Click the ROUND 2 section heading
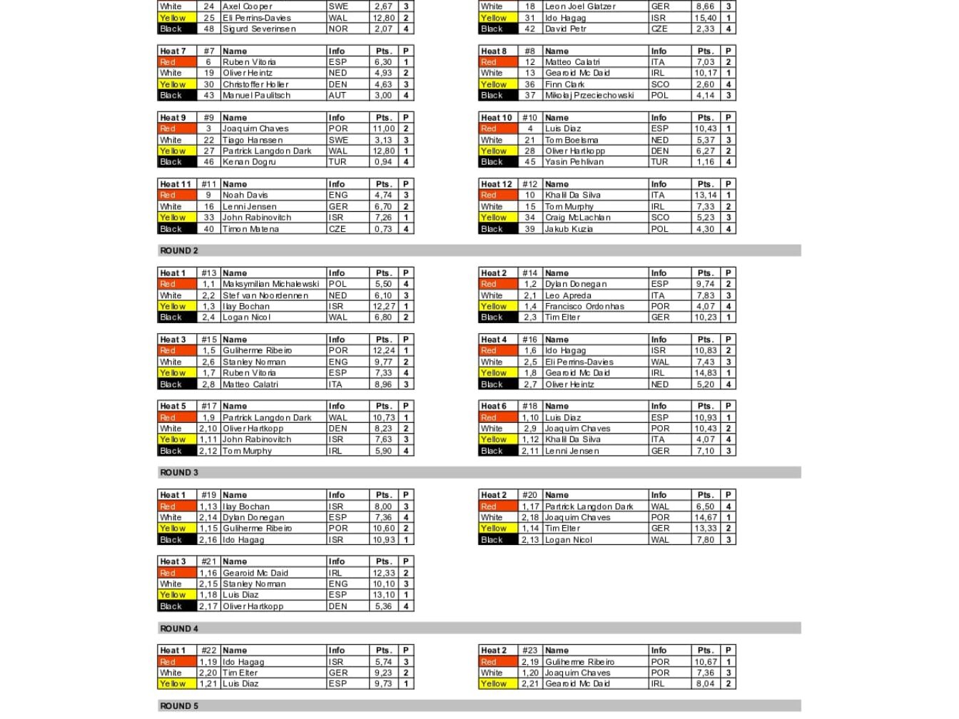click(x=179, y=250)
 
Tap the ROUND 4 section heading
click(x=179, y=628)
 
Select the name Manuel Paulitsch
click(x=256, y=95)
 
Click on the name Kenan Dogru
click(x=249, y=162)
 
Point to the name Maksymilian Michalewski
click(x=270, y=284)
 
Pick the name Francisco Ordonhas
click(x=584, y=306)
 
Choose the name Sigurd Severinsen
click(x=259, y=29)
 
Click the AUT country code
click(x=338, y=95)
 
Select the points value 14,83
click(x=705, y=372)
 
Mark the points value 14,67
click(x=705, y=517)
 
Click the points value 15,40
click(x=705, y=18)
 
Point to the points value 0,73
click(x=383, y=229)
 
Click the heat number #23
click(x=529, y=651)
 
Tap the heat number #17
click(x=208, y=406)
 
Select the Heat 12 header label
click(x=496, y=184)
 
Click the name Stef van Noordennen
click(x=265, y=295)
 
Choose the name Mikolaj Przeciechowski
click(x=589, y=95)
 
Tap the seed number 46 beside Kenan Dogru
click(x=208, y=162)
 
